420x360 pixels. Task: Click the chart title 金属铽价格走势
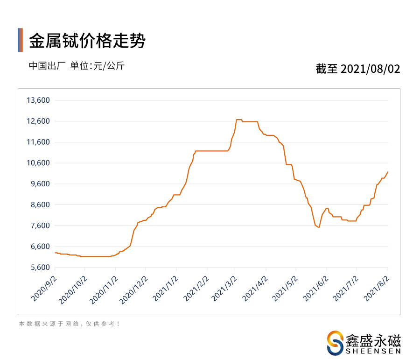click(87, 41)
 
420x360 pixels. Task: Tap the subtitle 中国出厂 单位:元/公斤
click(77, 66)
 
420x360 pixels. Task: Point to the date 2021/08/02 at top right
click(371, 69)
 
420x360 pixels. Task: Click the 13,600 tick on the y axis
click(38, 100)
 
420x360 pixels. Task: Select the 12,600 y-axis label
click(38, 121)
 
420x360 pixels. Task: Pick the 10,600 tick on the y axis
click(38, 163)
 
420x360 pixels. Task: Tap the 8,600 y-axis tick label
click(40, 205)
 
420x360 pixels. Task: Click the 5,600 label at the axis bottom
click(40, 268)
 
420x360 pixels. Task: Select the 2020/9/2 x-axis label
click(44, 288)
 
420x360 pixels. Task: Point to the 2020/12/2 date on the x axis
click(133, 289)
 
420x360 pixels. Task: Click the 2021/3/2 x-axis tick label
click(224, 288)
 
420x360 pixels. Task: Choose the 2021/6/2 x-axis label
click(315, 288)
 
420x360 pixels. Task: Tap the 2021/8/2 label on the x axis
click(377, 288)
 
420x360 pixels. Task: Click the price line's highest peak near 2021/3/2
click(239, 120)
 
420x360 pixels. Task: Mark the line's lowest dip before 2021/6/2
click(319, 227)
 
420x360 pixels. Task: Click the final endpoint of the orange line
click(388, 172)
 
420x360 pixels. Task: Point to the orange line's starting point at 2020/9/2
click(55, 253)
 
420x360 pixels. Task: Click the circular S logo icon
click(335, 343)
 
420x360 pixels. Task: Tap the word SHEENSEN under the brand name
click(373, 351)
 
